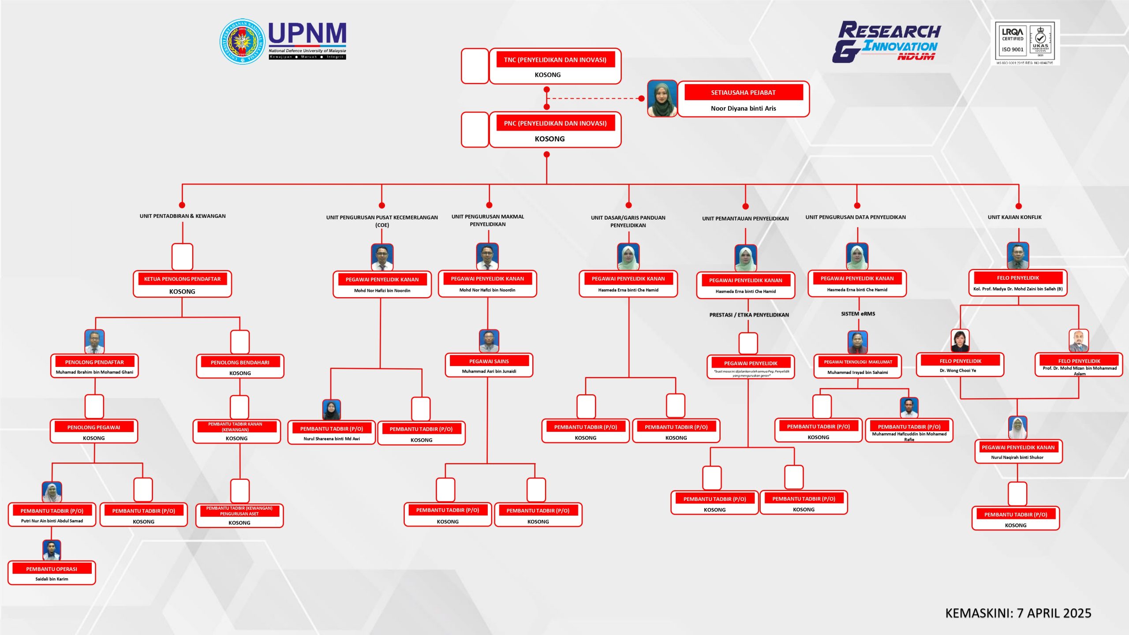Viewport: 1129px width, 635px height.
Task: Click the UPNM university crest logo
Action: (242, 41)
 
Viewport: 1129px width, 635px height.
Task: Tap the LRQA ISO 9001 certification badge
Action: (1025, 43)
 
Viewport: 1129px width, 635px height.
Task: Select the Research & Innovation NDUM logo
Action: (886, 42)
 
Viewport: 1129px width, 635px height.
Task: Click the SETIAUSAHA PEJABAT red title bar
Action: (743, 93)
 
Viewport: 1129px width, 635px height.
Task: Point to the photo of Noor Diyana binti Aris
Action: (662, 99)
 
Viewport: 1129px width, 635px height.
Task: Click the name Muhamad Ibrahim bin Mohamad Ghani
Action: (94, 372)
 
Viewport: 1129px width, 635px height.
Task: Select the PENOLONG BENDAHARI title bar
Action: (240, 362)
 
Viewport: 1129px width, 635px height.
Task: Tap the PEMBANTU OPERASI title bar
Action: (52, 569)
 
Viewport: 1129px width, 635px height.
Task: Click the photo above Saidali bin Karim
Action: (52, 550)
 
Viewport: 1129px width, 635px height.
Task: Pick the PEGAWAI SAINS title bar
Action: (489, 361)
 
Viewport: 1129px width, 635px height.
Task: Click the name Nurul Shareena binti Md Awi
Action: (332, 439)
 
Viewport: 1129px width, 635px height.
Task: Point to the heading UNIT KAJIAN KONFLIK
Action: (1014, 217)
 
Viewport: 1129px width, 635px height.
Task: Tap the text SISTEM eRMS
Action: (858, 314)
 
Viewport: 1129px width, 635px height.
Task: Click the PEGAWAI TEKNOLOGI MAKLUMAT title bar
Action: (858, 362)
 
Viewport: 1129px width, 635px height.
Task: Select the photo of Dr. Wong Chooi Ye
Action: (960, 341)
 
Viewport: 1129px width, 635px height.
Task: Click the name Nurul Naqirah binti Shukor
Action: (1017, 457)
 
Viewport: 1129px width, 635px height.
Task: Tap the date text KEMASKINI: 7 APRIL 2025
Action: (1018, 613)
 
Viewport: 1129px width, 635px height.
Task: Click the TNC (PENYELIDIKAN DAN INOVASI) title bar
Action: (555, 60)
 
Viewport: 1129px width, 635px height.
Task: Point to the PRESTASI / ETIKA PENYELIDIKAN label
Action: (749, 315)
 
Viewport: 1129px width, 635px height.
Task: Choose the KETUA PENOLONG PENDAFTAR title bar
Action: (182, 279)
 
